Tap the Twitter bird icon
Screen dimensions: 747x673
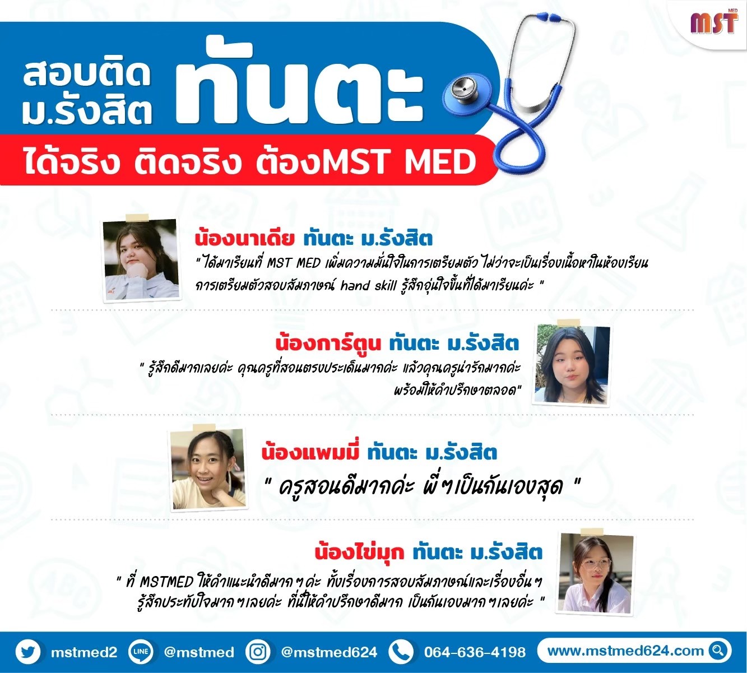tap(29, 652)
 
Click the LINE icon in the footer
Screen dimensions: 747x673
tap(141, 652)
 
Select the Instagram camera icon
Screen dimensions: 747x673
tap(258, 652)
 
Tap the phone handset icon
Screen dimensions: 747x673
tap(401, 652)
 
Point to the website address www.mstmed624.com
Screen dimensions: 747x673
tap(625, 651)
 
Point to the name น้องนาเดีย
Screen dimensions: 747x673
tap(245, 238)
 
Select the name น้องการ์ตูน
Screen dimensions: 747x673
tap(328, 342)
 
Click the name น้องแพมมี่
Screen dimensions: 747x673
tap(310, 452)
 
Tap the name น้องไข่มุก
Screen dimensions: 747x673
tap(359, 551)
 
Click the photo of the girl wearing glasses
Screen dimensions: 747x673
tap(595, 574)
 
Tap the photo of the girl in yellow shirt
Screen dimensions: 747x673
tap(209, 469)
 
